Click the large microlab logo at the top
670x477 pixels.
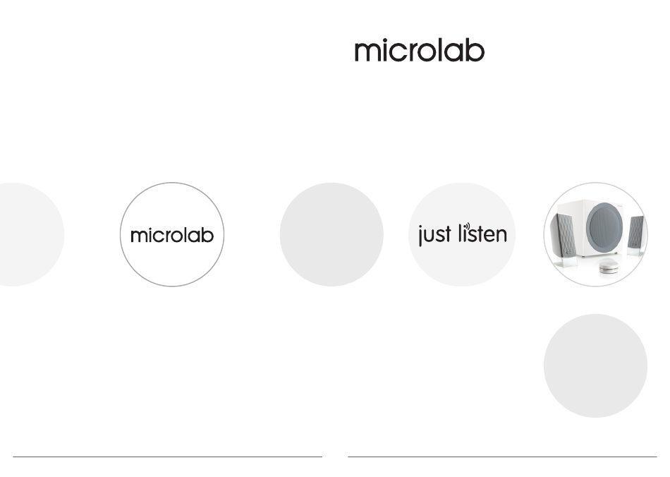click(420, 50)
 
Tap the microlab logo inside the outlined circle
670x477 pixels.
click(172, 235)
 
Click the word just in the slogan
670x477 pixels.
click(434, 234)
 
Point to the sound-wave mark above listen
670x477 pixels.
click(468, 226)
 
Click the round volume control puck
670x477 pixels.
click(609, 267)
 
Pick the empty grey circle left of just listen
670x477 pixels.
click(331, 234)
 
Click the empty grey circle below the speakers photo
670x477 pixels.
click(596, 366)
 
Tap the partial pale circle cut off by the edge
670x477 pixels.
click(30, 234)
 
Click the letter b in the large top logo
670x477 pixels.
click(475, 50)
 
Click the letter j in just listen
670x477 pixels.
click(421, 235)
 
